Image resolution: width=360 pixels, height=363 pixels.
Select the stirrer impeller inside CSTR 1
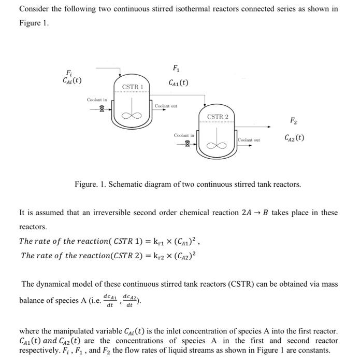point(132,116)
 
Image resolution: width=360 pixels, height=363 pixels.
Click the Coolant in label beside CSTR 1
point(97,100)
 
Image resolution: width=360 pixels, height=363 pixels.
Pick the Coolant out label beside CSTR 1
point(166,106)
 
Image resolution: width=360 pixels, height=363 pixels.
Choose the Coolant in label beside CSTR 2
point(183,135)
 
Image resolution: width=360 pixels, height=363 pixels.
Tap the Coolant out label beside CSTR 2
point(249,141)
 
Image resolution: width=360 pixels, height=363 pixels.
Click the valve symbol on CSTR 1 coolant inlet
point(102,109)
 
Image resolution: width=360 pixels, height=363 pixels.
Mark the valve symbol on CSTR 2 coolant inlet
point(188,143)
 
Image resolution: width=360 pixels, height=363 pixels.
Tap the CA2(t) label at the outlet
point(294,138)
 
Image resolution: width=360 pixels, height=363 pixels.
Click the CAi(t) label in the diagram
point(70,81)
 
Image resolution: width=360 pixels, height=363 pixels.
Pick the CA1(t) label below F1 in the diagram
point(178,82)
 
